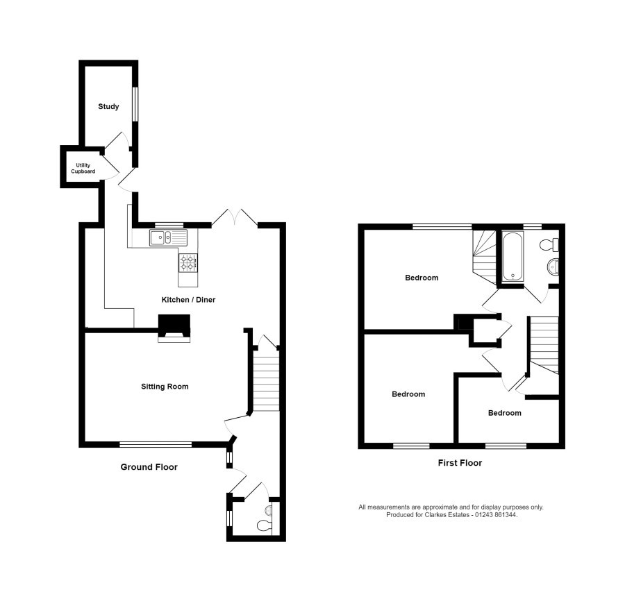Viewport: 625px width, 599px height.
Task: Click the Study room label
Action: click(x=108, y=107)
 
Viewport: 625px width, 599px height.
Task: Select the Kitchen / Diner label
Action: click(x=188, y=300)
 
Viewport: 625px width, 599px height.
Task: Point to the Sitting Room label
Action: click(x=165, y=387)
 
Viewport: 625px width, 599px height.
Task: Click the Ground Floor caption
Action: click(x=149, y=467)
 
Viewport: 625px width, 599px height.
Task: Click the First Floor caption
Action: click(x=459, y=463)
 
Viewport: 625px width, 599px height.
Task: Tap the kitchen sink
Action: click(x=167, y=238)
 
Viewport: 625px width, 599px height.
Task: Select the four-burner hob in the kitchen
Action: click(x=187, y=262)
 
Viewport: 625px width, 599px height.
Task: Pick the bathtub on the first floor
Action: click(x=513, y=258)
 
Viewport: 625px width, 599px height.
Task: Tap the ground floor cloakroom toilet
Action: click(x=265, y=526)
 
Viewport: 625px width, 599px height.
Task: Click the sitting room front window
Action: click(x=156, y=444)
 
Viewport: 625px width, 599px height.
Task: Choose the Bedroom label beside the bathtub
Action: click(x=422, y=278)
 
